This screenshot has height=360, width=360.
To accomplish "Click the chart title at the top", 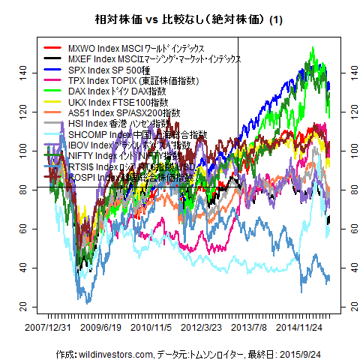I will click(179, 20).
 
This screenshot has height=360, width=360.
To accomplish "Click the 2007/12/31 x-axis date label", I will click(46, 328).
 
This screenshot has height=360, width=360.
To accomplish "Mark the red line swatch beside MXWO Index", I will click(53, 48).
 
